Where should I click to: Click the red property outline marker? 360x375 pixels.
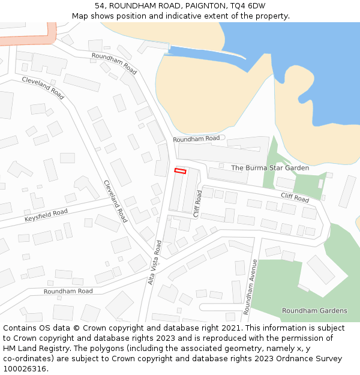click(180, 171)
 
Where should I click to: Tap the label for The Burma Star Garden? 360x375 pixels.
click(270, 168)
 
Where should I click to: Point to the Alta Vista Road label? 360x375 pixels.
click(155, 262)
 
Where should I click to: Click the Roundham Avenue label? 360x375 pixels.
click(250, 287)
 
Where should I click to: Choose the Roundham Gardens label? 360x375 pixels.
click(314, 311)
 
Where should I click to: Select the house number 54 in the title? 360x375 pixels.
click(100, 6)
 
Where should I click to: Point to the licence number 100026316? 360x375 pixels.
click(25, 369)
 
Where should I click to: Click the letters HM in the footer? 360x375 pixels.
click(10, 349)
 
